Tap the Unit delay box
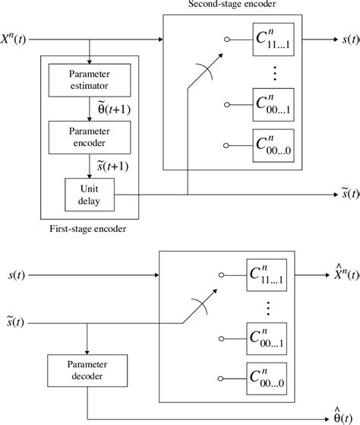click(x=90, y=191)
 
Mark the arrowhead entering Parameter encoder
click(x=90, y=119)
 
